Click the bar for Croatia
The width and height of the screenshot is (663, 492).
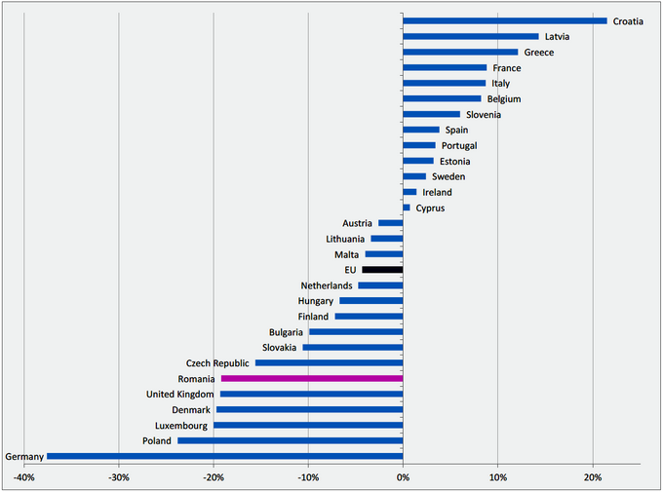505,20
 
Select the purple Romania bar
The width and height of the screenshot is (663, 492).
312,378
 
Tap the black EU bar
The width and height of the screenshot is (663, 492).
382,269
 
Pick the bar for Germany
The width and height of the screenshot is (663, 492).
224,456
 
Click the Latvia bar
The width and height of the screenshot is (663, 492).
470,36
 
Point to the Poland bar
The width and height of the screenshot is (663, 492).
290,440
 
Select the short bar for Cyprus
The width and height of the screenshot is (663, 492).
407,208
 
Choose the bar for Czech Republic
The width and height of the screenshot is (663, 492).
329,362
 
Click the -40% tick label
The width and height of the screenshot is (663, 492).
23,477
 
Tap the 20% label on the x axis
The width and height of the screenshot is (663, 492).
592,477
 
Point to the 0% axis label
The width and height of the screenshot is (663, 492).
403,477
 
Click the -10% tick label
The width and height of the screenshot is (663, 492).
308,477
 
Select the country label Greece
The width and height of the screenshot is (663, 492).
539,53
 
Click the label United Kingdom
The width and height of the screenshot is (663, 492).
179,395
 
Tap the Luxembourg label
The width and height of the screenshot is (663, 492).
181,426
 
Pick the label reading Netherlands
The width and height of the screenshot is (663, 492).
327,285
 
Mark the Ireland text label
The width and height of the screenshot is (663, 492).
437,193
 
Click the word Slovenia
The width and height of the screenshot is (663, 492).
484,115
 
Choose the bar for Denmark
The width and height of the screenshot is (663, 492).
309,409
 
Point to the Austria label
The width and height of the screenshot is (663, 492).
357,224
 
